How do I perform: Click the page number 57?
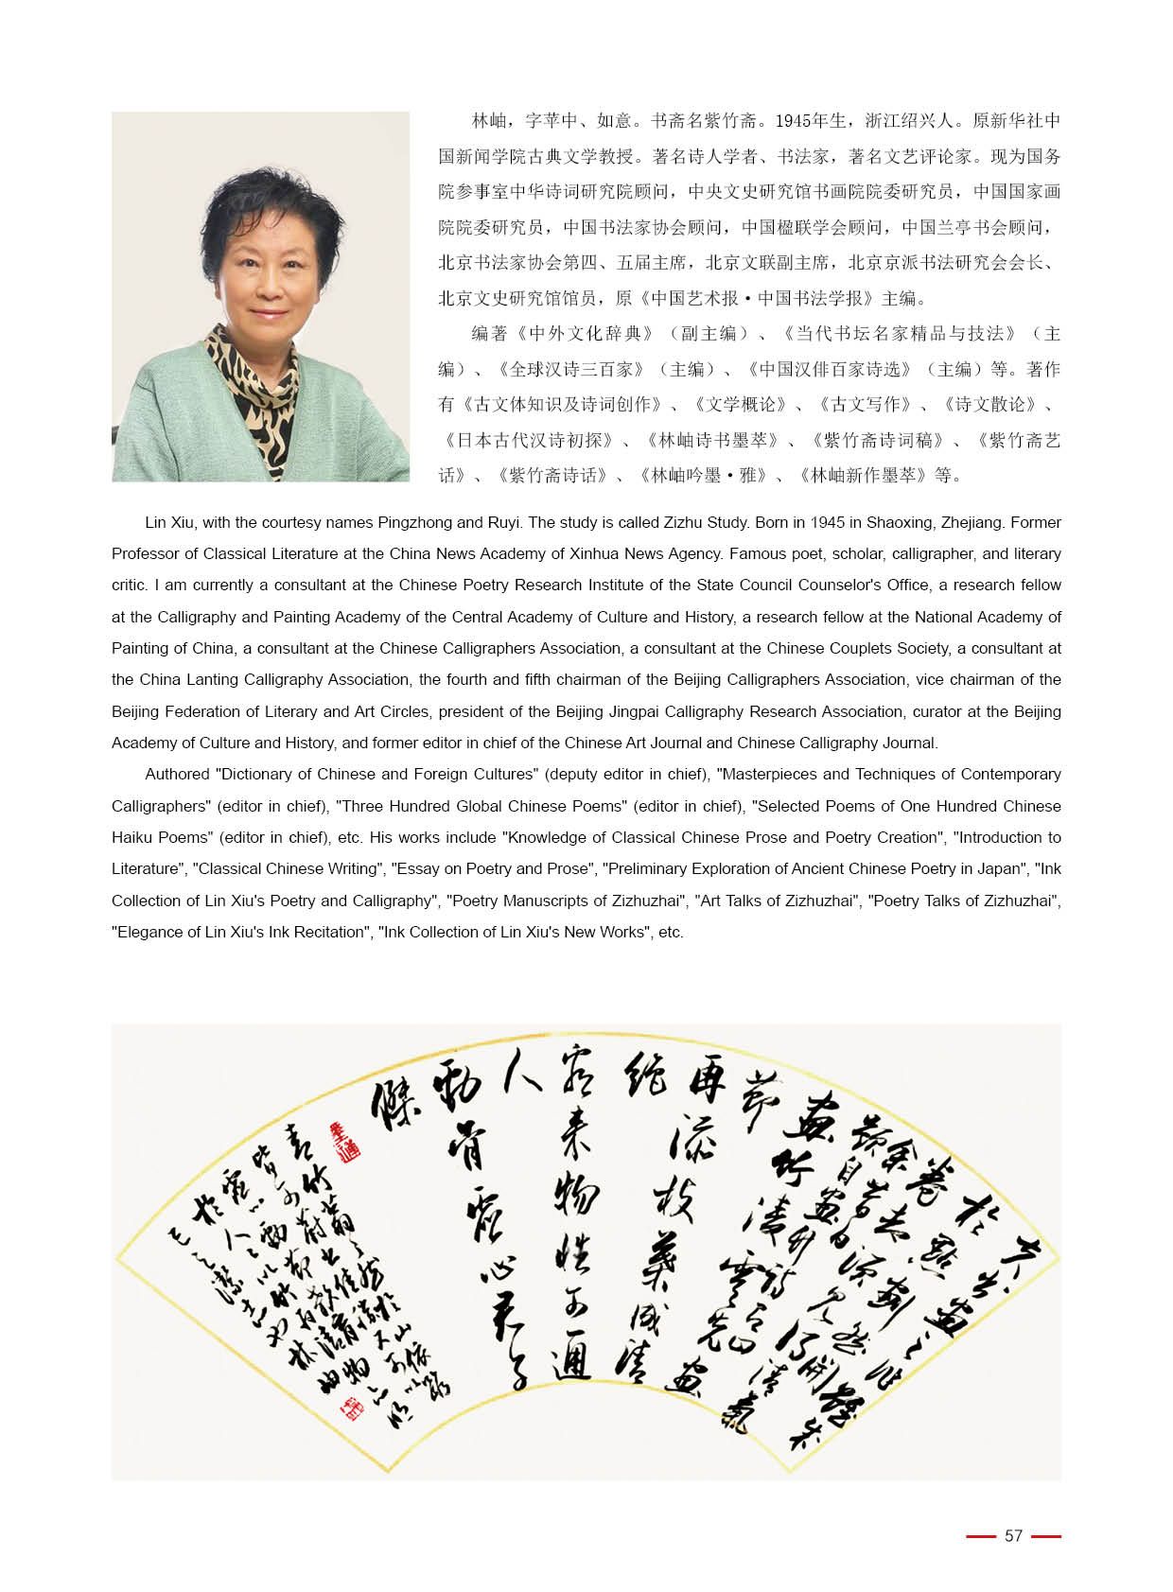[1013, 1535]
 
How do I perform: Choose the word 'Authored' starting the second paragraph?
[177, 774]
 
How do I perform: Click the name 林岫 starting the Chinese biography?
[492, 121]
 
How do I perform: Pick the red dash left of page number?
[981, 1536]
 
